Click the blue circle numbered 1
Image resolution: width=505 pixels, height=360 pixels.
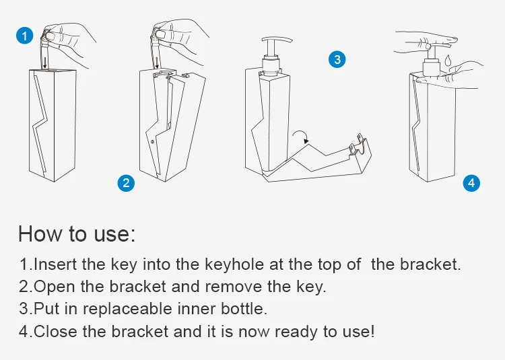tap(25, 36)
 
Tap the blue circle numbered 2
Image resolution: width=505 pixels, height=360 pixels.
tap(126, 183)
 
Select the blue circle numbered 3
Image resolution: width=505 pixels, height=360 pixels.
tap(337, 59)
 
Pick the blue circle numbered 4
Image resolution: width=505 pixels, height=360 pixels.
tap(471, 183)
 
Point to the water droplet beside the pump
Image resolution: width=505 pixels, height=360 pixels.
tap(448, 60)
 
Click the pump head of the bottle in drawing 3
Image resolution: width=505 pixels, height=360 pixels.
tap(277, 40)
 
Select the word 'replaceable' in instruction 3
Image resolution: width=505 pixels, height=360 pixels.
tap(127, 309)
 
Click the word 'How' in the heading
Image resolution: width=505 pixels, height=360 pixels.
tap(40, 233)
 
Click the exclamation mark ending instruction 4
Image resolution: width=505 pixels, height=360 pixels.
tap(372, 330)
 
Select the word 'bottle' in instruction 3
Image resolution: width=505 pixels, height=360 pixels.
tap(244, 308)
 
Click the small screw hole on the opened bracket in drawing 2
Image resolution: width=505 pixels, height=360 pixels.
tap(152, 141)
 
